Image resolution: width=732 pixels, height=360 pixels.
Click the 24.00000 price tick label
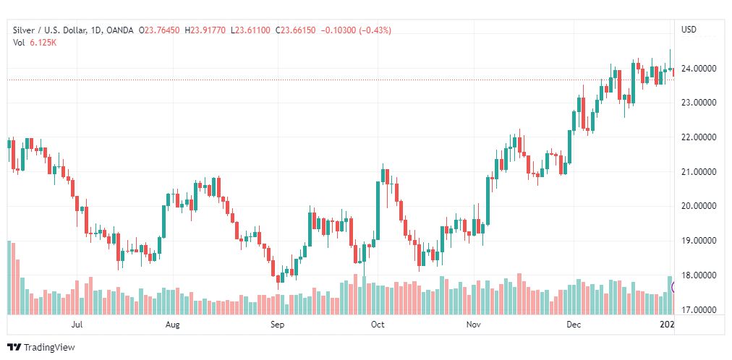(x=699, y=69)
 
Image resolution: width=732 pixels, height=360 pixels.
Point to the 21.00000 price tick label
(x=699, y=172)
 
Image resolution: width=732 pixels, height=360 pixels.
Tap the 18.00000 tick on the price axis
(x=699, y=275)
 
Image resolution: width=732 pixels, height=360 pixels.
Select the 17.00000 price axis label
(x=699, y=310)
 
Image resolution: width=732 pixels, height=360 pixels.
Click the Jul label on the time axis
(x=77, y=325)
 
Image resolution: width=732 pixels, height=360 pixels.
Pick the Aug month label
(x=172, y=325)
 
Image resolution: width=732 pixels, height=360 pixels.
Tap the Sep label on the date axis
(x=278, y=325)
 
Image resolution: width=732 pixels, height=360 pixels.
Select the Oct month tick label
(x=377, y=325)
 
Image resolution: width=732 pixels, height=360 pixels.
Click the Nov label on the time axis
(x=474, y=325)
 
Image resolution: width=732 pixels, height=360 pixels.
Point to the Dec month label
(x=574, y=325)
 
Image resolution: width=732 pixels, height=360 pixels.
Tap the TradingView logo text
(x=48, y=348)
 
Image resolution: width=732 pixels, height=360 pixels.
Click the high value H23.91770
(x=205, y=30)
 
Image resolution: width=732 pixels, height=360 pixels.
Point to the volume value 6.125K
(x=44, y=42)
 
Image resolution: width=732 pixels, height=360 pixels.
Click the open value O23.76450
(x=162, y=30)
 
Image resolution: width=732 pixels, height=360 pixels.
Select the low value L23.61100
(x=250, y=30)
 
